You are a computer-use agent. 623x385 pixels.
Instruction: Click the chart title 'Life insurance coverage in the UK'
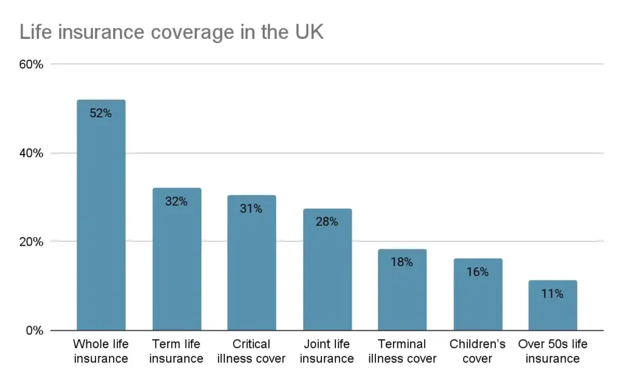[x=172, y=32]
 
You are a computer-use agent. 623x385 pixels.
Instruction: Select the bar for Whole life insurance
[x=101, y=219]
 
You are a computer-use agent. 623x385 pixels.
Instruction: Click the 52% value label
[x=101, y=113]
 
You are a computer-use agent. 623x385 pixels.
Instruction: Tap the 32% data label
[x=176, y=201]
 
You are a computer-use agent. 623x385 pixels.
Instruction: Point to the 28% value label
[x=327, y=221]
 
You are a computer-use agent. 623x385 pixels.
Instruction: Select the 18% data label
[x=402, y=262]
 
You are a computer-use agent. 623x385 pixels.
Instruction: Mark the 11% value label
[x=552, y=294]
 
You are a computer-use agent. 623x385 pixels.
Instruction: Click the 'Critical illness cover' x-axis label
[x=251, y=352]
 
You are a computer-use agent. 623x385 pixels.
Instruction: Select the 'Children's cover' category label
[x=478, y=352]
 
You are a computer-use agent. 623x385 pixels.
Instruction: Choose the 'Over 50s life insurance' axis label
[x=552, y=352]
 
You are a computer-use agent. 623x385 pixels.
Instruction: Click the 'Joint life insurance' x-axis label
[x=327, y=352]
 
